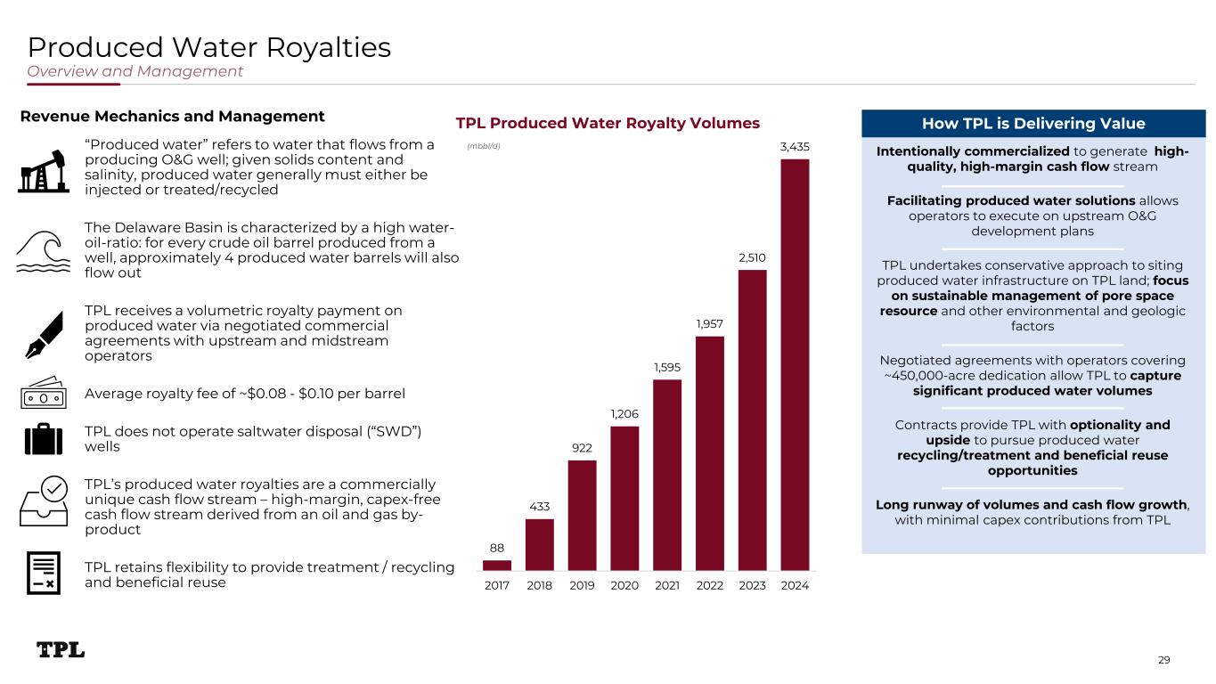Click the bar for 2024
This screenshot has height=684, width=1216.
click(x=795, y=364)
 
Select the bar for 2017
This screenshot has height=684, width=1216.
click(x=497, y=565)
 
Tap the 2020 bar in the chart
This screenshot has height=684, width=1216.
click(x=624, y=498)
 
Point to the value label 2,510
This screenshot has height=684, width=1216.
click(x=752, y=258)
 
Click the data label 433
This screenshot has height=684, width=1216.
click(x=540, y=507)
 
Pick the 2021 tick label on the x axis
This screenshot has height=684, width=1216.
click(x=667, y=586)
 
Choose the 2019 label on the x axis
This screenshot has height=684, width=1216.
click(x=583, y=586)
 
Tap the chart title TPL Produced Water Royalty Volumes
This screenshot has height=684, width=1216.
click(x=608, y=123)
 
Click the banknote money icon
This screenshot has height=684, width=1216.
click(x=44, y=392)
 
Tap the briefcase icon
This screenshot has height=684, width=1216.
click(x=44, y=439)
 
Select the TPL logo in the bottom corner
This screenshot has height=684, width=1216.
click(x=61, y=650)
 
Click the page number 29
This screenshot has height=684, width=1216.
click(x=1163, y=660)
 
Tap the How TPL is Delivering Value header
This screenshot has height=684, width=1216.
click(x=1033, y=124)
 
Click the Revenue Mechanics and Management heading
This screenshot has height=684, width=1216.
click(x=172, y=117)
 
